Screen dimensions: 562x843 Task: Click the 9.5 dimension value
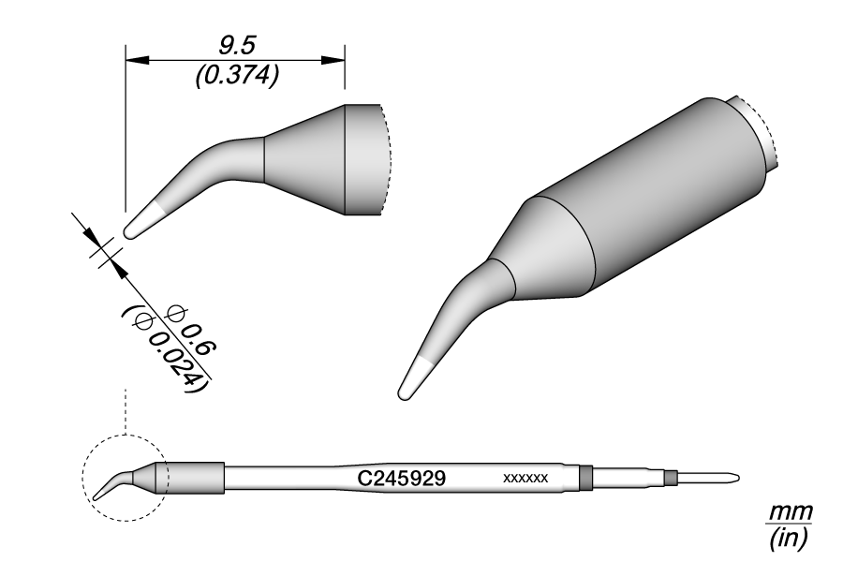(235, 43)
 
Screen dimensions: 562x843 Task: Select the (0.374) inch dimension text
(235, 78)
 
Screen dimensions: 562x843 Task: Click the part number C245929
(402, 478)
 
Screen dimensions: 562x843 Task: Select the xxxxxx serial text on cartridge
(525, 479)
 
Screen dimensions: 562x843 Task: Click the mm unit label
(790, 512)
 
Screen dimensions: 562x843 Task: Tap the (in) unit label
(789, 538)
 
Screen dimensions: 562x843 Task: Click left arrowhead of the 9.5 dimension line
(137, 60)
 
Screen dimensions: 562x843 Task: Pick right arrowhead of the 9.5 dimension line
(334, 60)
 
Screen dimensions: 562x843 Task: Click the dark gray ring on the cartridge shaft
(586, 478)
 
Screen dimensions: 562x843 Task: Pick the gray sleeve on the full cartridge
(195, 478)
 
